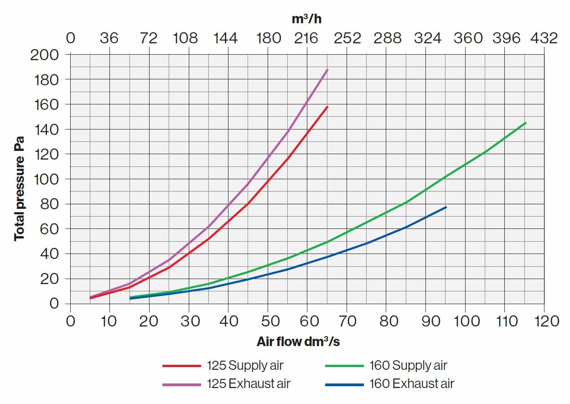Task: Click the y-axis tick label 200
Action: click(44, 55)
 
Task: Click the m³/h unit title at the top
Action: click(307, 19)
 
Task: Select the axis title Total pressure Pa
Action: click(19, 191)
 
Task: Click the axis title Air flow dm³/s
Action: click(298, 342)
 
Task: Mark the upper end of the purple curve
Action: click(327, 70)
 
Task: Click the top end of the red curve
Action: click(327, 107)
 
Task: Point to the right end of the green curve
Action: click(525, 123)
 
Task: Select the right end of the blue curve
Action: click(446, 207)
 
